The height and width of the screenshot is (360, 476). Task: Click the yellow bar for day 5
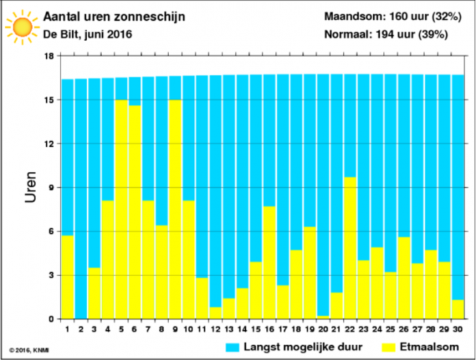(121, 209)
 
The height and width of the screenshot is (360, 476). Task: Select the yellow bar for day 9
(175, 209)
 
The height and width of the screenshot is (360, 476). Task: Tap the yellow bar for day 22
(350, 248)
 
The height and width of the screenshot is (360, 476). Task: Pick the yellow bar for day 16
(269, 263)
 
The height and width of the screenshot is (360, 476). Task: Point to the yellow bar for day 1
(67, 277)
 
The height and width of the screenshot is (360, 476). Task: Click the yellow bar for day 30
(458, 309)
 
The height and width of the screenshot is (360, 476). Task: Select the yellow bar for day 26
(404, 278)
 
